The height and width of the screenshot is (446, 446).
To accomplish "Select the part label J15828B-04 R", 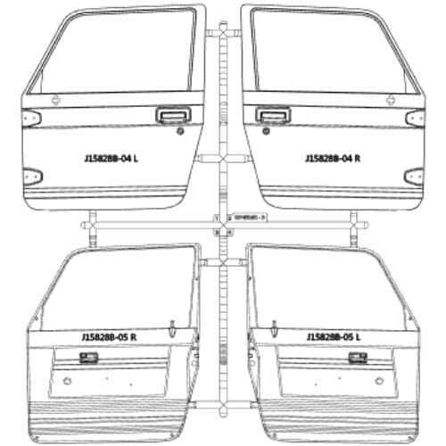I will tap(332, 159).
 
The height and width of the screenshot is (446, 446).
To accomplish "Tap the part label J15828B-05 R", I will tap(109, 337).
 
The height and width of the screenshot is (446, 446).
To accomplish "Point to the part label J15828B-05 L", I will tap(334, 337).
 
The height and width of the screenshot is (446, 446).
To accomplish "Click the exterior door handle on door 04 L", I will tap(167, 114).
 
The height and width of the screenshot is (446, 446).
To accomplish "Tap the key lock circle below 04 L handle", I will tap(179, 131).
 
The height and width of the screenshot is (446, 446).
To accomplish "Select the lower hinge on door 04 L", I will tap(33, 175).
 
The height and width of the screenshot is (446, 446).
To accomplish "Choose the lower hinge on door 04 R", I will tap(413, 175).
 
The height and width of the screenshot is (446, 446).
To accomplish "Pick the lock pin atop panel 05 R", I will tap(170, 322).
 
